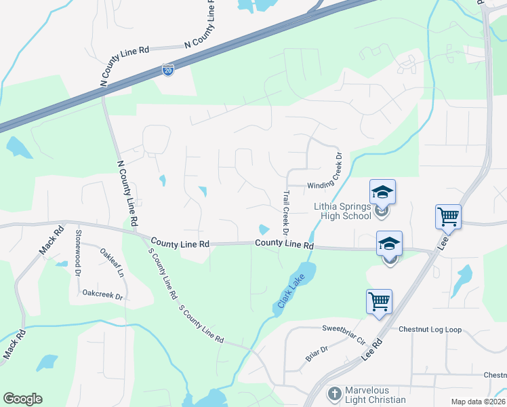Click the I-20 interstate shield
click(168, 69)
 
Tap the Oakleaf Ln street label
click(112, 263)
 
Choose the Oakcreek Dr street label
click(102, 296)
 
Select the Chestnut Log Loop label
click(430, 330)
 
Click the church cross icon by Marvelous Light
click(333, 393)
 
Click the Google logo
click(22, 399)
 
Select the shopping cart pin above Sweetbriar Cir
click(379, 301)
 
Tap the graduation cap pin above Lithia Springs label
click(382, 193)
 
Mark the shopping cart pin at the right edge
click(449, 217)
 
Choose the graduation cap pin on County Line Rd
click(389, 244)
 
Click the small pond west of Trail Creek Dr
click(264, 229)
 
